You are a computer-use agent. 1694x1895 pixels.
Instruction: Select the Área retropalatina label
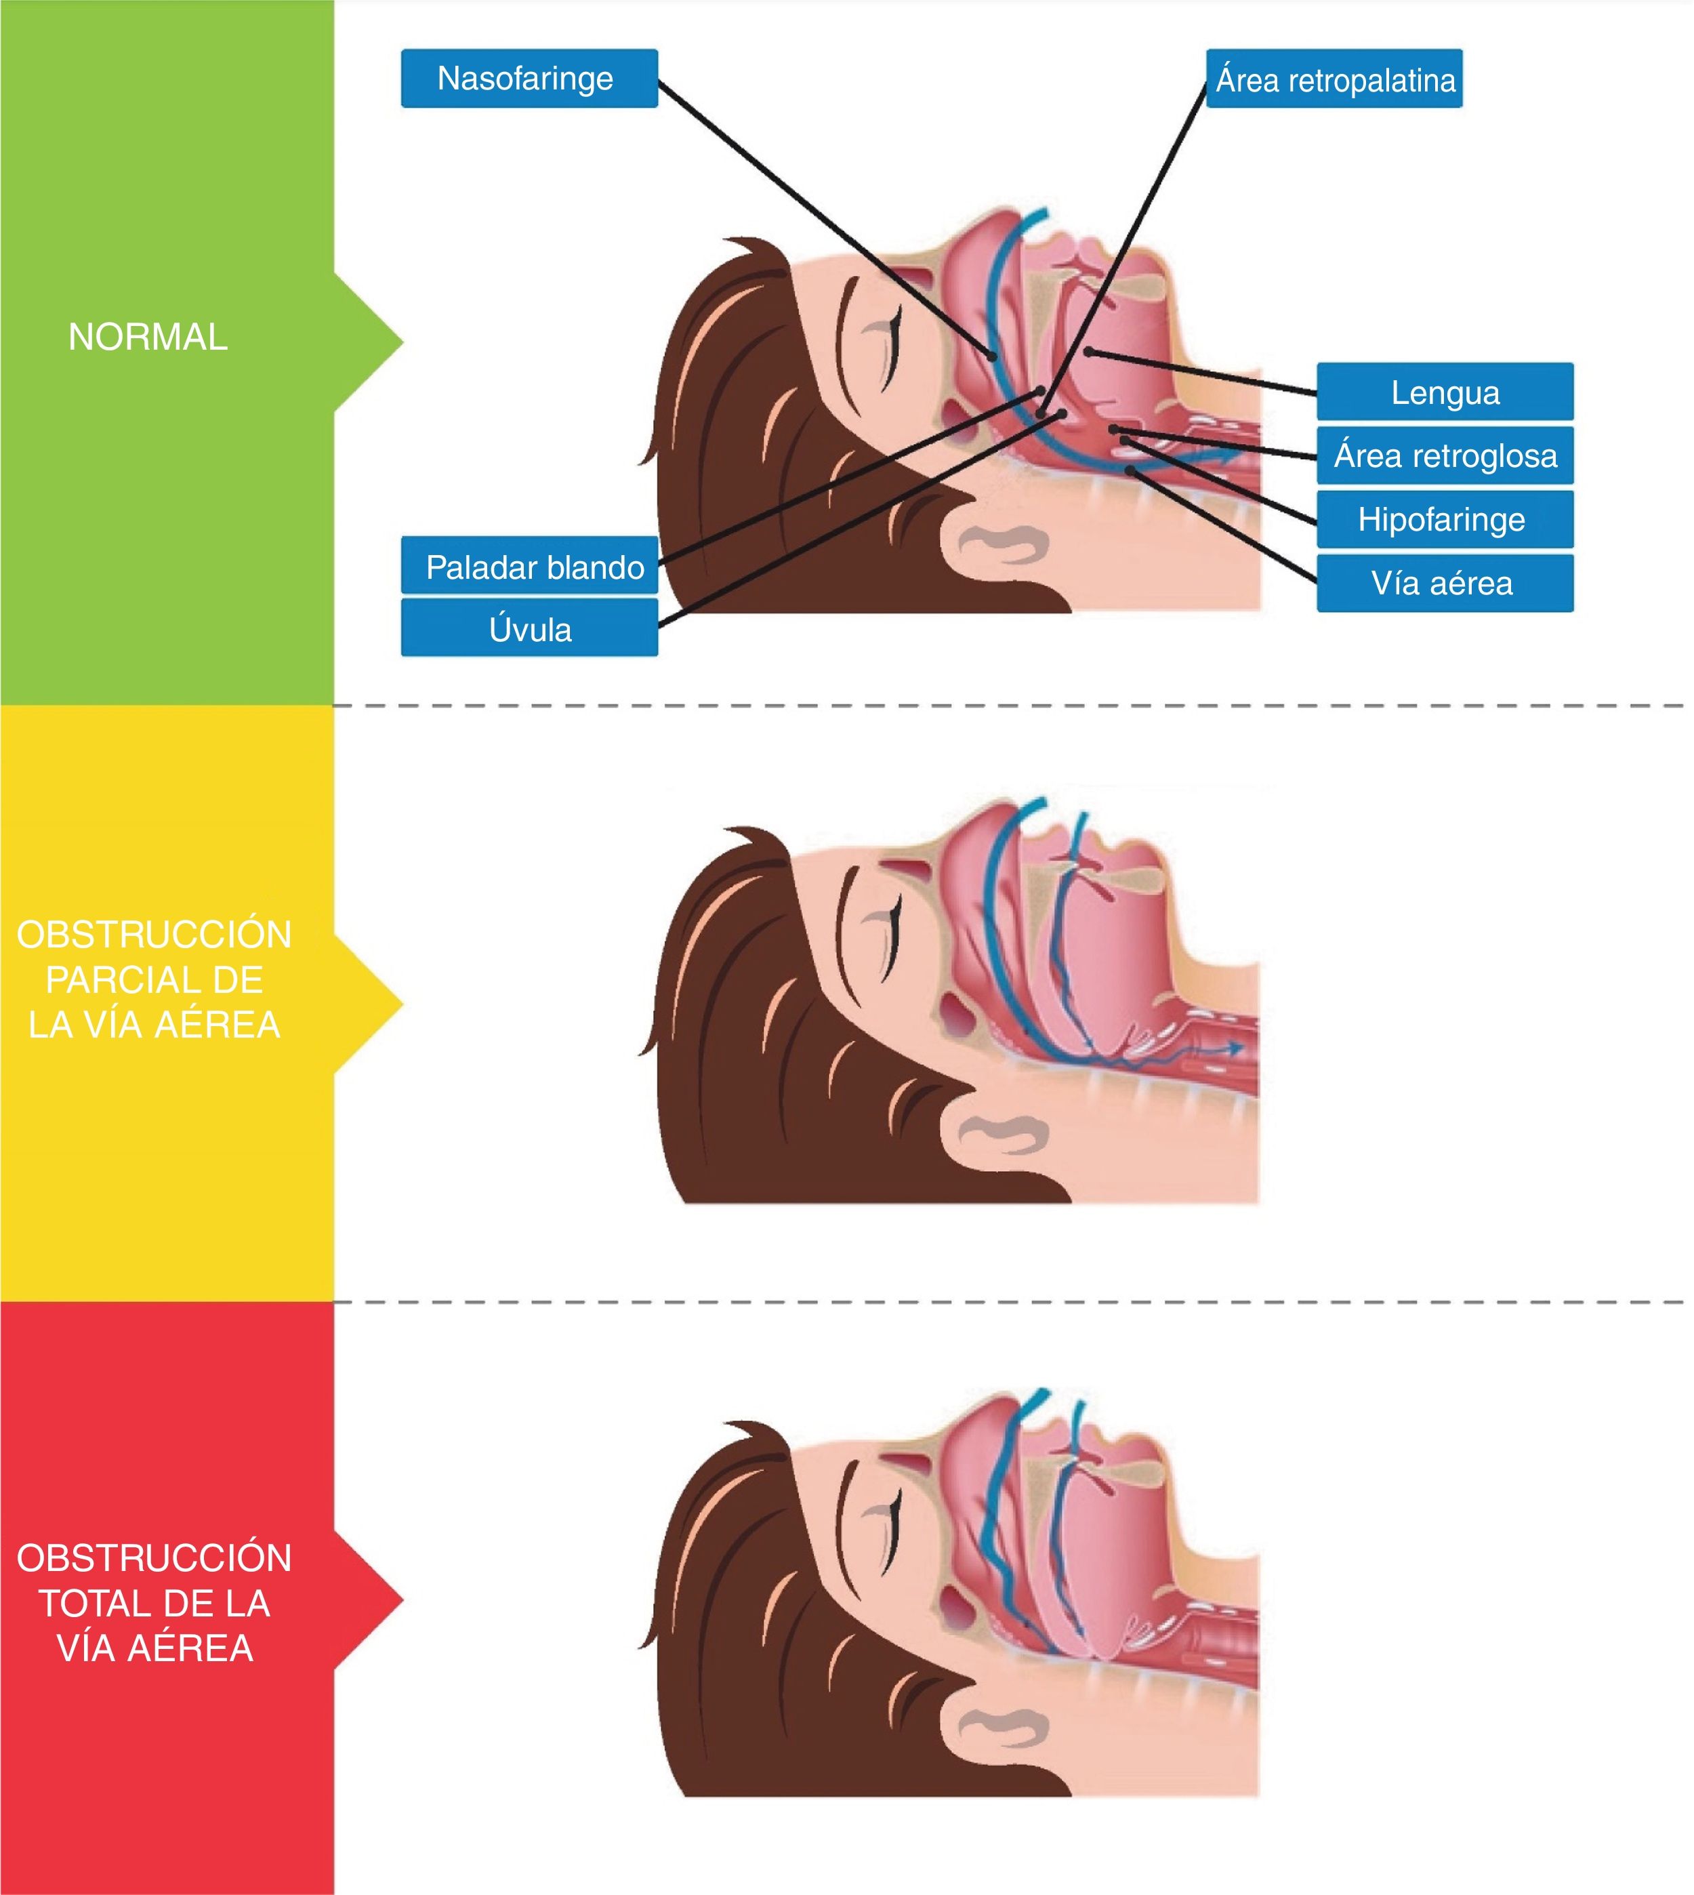(1334, 80)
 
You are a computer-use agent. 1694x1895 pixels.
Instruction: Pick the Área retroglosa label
(1445, 456)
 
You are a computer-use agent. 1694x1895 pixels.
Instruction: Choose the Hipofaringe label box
(1445, 519)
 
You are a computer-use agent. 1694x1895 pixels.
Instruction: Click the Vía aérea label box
(1445, 584)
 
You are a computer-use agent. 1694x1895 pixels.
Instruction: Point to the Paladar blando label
(530, 567)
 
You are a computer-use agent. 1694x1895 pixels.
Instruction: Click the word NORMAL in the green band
(148, 337)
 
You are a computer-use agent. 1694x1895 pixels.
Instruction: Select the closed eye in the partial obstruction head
(882, 933)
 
